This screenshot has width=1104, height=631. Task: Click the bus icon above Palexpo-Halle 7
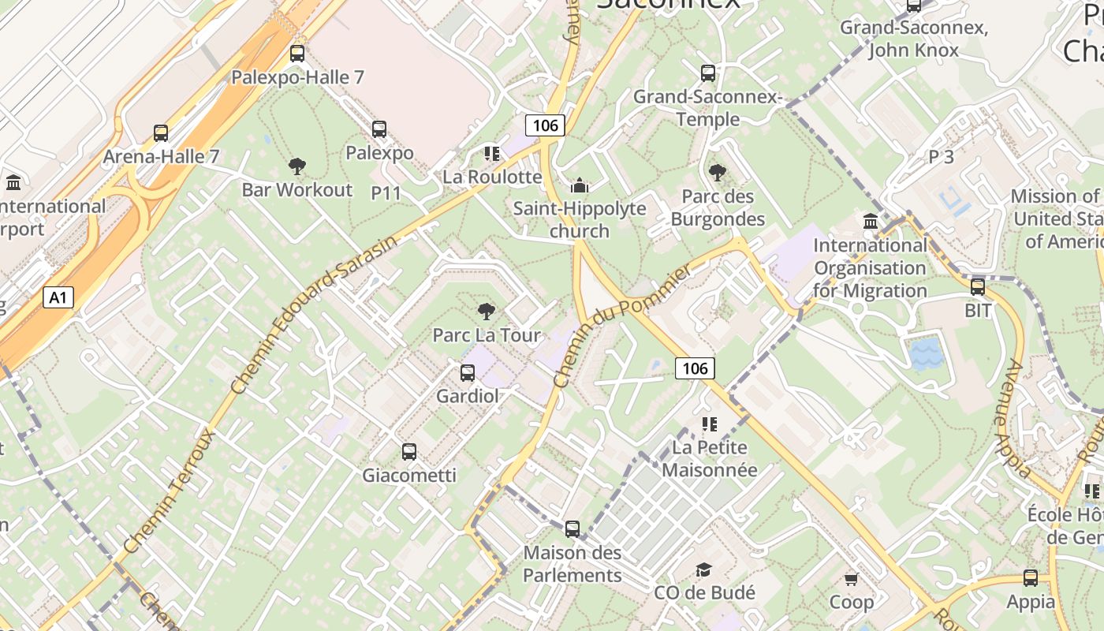pyautogui.click(x=297, y=54)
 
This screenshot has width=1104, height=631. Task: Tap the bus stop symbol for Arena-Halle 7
pyautogui.click(x=161, y=133)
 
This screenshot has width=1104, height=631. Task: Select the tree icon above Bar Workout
pyautogui.click(x=297, y=166)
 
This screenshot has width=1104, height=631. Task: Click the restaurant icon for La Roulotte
pyautogui.click(x=492, y=153)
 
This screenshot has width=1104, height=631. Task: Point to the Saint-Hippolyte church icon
pyautogui.click(x=580, y=185)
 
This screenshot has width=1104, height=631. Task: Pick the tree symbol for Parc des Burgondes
pyautogui.click(x=718, y=172)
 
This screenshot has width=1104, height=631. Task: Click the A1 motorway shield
pyautogui.click(x=58, y=297)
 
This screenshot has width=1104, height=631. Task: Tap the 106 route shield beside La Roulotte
pyautogui.click(x=545, y=125)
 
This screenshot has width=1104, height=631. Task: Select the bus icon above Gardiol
pyautogui.click(x=468, y=372)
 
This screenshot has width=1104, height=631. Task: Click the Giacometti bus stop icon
pyautogui.click(x=409, y=452)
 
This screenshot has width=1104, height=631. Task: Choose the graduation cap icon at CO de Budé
pyautogui.click(x=703, y=569)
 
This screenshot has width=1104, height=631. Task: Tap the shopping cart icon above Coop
pyautogui.click(x=852, y=580)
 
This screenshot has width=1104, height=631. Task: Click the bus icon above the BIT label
pyautogui.click(x=978, y=287)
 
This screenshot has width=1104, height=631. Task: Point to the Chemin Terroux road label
pyautogui.click(x=170, y=491)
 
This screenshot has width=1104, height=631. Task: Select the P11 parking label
pyautogui.click(x=386, y=192)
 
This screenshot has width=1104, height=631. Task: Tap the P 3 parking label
pyautogui.click(x=941, y=156)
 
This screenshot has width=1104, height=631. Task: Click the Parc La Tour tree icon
pyautogui.click(x=487, y=311)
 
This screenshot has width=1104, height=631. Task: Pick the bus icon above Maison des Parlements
pyautogui.click(x=573, y=528)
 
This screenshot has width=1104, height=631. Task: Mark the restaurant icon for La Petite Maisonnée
pyautogui.click(x=710, y=424)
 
